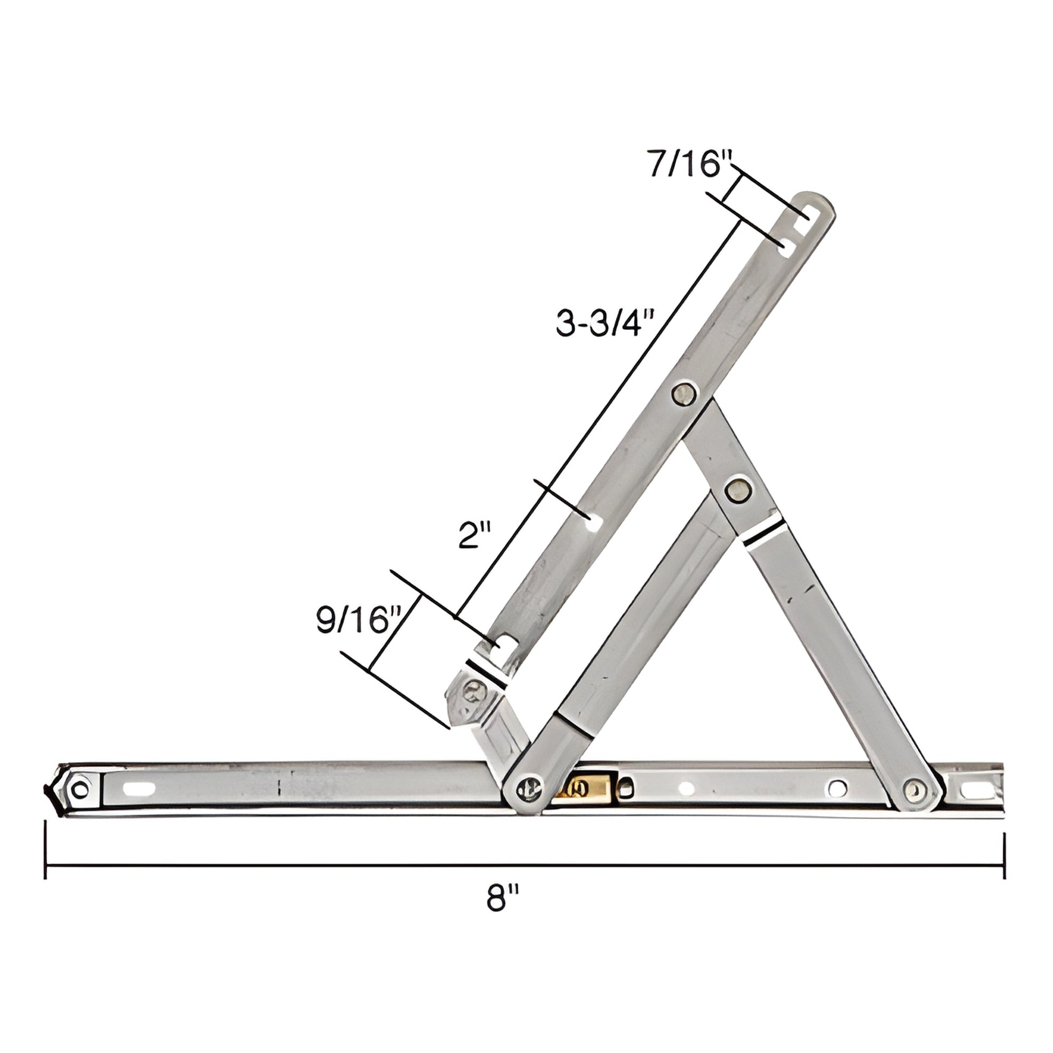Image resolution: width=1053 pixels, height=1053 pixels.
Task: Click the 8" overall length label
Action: coord(502,898)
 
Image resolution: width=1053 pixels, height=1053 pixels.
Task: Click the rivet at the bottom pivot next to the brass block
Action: coord(528,787)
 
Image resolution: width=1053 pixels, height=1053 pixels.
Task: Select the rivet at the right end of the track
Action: coord(916,788)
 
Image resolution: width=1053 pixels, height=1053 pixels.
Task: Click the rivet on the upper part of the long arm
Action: coord(683,393)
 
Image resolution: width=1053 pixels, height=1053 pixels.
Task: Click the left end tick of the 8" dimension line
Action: coord(46,850)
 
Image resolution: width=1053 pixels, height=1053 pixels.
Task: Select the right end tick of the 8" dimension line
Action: coord(1004,850)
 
